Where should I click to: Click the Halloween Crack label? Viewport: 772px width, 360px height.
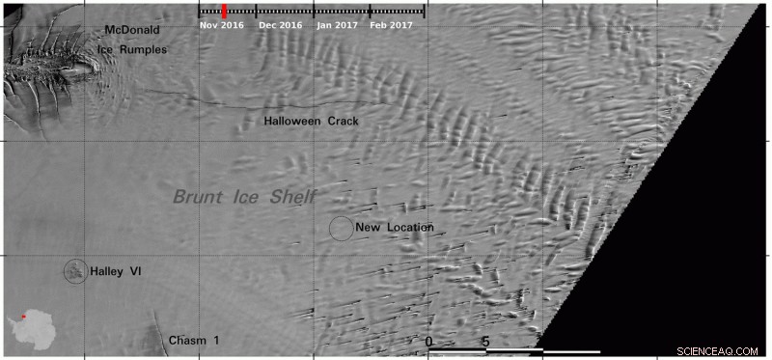point(312,122)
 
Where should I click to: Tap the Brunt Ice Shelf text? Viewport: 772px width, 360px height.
point(245,197)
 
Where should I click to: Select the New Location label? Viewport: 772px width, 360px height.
point(395,228)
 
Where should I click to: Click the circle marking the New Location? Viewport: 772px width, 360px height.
point(341,229)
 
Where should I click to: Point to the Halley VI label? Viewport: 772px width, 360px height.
point(116,272)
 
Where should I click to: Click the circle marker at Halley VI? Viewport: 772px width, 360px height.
point(74,271)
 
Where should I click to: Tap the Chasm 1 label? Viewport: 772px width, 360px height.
point(194,340)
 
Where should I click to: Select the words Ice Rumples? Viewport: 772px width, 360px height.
point(131,49)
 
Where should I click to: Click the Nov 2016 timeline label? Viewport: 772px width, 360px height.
point(222,26)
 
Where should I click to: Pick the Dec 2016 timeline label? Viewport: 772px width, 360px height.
point(280,26)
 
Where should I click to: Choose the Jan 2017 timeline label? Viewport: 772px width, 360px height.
point(337,26)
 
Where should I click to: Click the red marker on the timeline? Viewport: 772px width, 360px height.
point(224,11)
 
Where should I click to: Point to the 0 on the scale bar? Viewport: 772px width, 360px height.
point(428,342)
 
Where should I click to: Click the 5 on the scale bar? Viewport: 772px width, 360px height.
point(485,342)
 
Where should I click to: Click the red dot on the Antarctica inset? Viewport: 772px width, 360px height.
point(24,316)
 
